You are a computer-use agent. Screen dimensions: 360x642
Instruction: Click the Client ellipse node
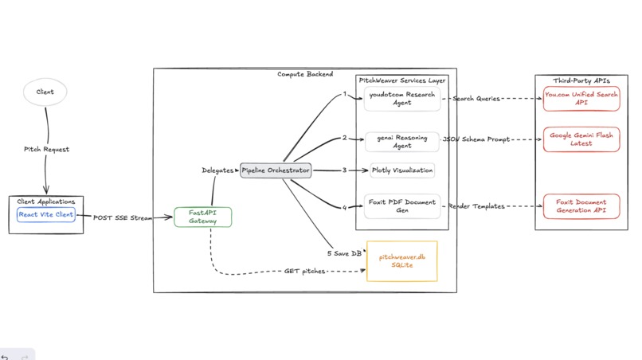[x=45, y=92]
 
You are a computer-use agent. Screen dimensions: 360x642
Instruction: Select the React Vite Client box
[x=46, y=215]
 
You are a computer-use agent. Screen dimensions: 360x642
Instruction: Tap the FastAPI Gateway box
[x=203, y=217]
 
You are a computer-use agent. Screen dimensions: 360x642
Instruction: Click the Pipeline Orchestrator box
[x=276, y=170]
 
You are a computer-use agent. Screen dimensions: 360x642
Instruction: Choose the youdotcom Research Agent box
[x=402, y=99]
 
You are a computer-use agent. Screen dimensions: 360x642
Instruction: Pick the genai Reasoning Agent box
[x=402, y=142]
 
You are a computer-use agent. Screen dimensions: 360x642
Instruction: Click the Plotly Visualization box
[x=402, y=170]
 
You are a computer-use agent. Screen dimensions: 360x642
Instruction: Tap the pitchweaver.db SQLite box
[x=402, y=261]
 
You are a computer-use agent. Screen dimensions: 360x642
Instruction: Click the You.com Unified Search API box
[x=581, y=99]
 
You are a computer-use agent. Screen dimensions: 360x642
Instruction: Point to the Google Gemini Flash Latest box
[x=581, y=139]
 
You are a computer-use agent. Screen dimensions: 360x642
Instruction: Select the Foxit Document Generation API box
[x=581, y=206]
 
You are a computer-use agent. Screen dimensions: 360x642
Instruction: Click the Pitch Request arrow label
[x=46, y=150]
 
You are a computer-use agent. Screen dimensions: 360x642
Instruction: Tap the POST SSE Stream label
[x=123, y=217]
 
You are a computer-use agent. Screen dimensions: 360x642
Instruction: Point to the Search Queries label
[x=476, y=99]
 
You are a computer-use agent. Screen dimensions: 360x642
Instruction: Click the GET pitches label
[x=305, y=272]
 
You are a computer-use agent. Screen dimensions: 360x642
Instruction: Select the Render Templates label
[x=476, y=206]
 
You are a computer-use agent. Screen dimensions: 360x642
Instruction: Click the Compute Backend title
[x=305, y=74]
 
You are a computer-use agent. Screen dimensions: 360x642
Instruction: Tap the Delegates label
[x=217, y=170]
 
